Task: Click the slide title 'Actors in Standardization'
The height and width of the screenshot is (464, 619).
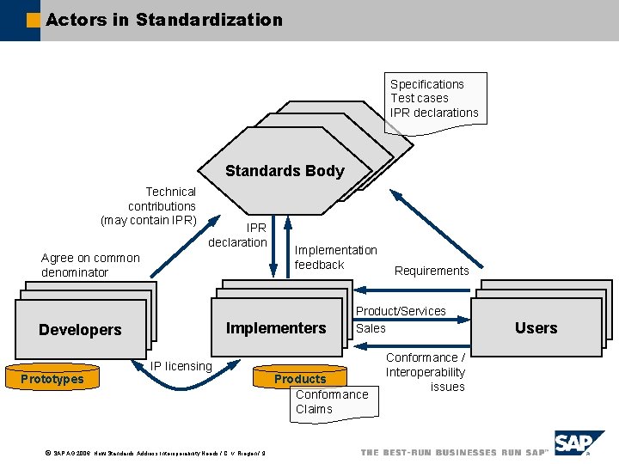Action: pos(163,19)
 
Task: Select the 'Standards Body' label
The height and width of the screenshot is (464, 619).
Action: pos(285,171)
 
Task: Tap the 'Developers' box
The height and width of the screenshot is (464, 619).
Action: pos(80,330)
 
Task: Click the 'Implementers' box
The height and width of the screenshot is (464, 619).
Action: pos(276,328)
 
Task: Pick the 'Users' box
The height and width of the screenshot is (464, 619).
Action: pos(536,328)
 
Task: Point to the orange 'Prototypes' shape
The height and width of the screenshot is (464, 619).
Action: pos(52,379)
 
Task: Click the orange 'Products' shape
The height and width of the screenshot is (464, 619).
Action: pos(300,379)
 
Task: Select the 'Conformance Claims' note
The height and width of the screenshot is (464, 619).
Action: pos(332,402)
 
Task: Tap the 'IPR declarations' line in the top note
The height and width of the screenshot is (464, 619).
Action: pos(434,113)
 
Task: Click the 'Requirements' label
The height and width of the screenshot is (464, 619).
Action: pos(432,271)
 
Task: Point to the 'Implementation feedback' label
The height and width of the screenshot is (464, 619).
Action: pos(335,258)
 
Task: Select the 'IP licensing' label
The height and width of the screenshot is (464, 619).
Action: pos(181,366)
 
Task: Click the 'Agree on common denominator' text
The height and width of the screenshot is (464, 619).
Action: pos(90,265)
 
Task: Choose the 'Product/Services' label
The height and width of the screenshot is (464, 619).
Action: pos(401,311)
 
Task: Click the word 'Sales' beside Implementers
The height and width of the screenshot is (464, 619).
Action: pos(371,328)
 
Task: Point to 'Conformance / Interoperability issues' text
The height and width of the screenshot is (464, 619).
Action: pos(425,372)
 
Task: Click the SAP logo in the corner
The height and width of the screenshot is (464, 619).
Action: pos(578,443)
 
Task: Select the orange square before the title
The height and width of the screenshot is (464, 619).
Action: pos(33,20)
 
